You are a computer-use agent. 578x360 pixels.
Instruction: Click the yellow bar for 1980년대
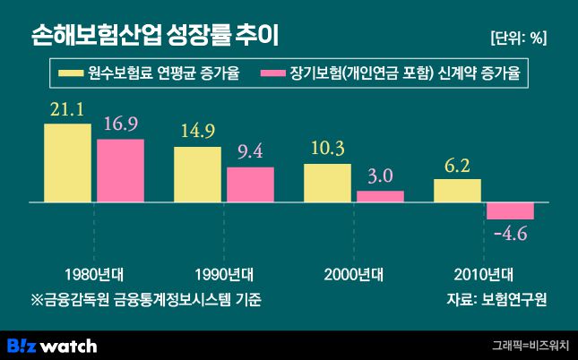point(67,164)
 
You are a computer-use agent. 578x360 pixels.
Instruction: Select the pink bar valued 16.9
point(120,171)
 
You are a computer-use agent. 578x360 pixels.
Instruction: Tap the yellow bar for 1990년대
point(197,175)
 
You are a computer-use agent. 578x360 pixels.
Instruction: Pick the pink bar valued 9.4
point(250,185)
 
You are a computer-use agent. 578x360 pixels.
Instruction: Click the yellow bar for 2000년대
point(327,184)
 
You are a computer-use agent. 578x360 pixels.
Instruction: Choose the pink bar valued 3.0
point(380,197)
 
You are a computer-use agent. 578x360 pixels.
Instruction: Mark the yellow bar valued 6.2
point(457,191)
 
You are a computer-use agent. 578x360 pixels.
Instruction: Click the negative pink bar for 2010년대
point(510,211)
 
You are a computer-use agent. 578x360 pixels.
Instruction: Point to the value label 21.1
point(67,111)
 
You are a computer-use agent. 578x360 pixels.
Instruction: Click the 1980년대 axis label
point(94,273)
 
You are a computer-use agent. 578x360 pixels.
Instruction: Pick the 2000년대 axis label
point(354,273)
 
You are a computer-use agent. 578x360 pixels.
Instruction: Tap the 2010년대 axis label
point(484,273)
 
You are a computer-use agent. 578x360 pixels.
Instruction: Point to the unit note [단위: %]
point(518,37)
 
